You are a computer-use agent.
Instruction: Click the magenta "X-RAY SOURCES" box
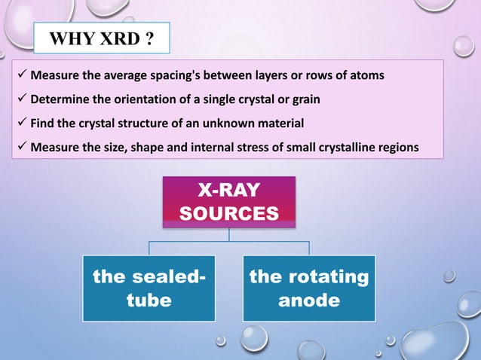coord(229,201)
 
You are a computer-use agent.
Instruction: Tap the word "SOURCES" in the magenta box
coord(229,213)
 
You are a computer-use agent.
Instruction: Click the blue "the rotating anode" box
coord(309,288)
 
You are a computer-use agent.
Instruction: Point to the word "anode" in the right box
coord(309,301)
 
